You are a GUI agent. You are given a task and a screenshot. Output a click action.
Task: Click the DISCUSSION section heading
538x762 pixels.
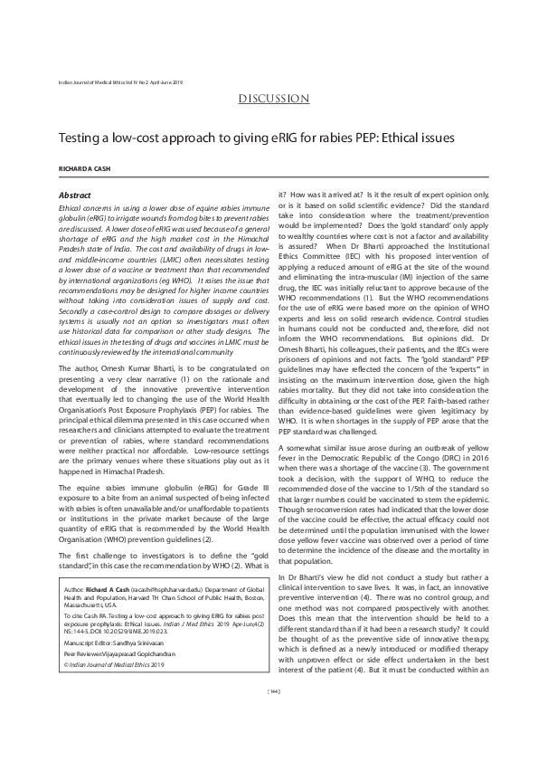(269, 99)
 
